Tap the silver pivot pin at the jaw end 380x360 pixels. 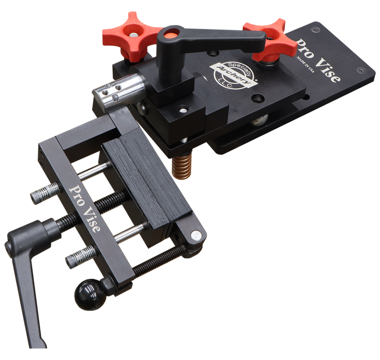[x=196, y=235]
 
